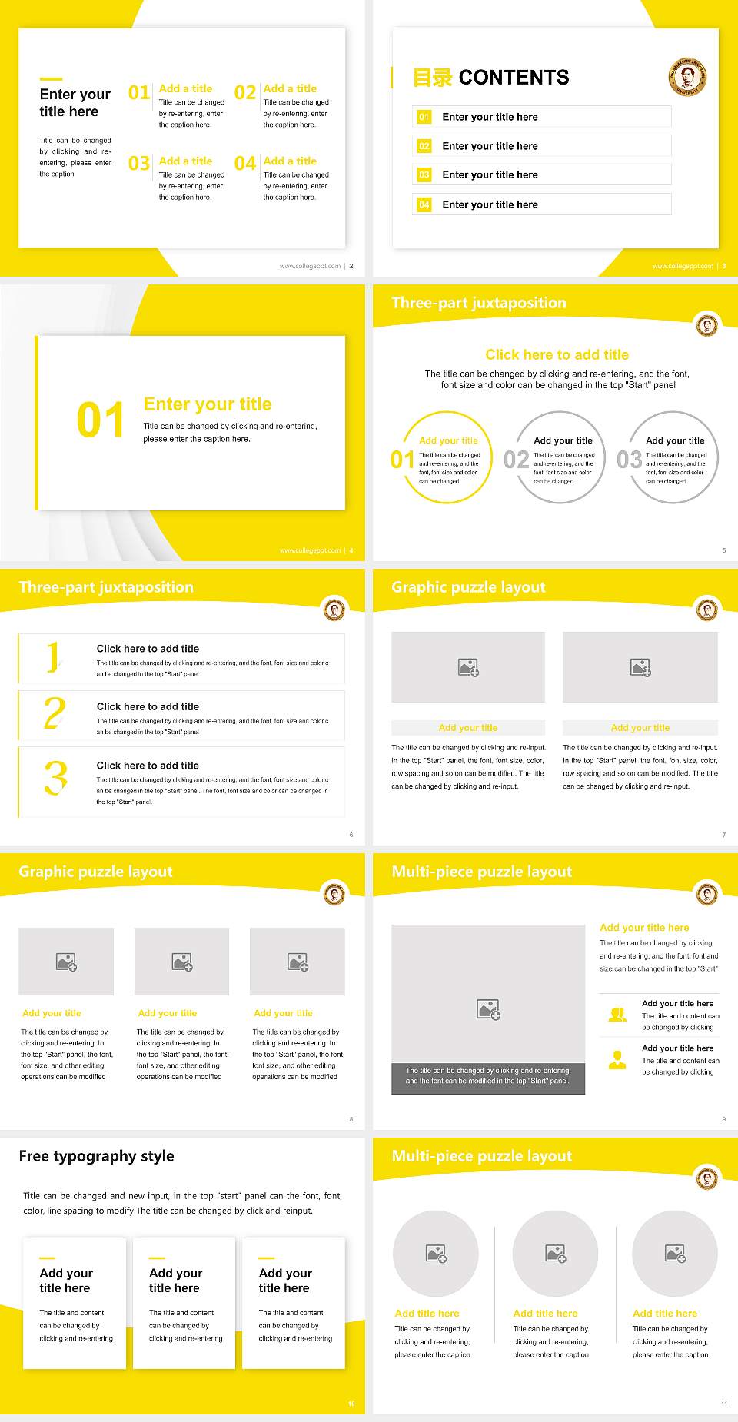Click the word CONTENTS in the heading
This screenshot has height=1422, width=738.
(514, 78)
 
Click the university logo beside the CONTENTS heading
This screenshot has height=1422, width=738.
(686, 77)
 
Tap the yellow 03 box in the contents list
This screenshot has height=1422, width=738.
(424, 175)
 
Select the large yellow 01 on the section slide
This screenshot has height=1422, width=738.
(101, 420)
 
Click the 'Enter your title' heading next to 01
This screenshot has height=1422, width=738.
(208, 404)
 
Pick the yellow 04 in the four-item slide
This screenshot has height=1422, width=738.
(245, 164)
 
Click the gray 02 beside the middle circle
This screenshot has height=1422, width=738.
(517, 460)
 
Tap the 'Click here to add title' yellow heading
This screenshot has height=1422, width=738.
(557, 354)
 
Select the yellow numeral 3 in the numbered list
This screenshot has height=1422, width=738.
(55, 779)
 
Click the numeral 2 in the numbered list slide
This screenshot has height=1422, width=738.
(55, 714)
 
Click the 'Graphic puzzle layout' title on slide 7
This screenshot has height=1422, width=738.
(468, 587)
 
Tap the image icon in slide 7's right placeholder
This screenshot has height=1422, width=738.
(640, 667)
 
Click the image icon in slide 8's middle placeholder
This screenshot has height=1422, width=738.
(182, 962)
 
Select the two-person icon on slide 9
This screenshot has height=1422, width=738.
(617, 1015)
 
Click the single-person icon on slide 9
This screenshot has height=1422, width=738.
(617, 1060)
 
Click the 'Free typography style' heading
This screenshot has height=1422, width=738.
(97, 1156)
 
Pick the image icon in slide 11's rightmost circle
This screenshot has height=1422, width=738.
(675, 1254)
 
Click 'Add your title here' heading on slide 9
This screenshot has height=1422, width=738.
(644, 928)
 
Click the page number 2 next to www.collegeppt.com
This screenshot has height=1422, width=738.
(351, 266)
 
